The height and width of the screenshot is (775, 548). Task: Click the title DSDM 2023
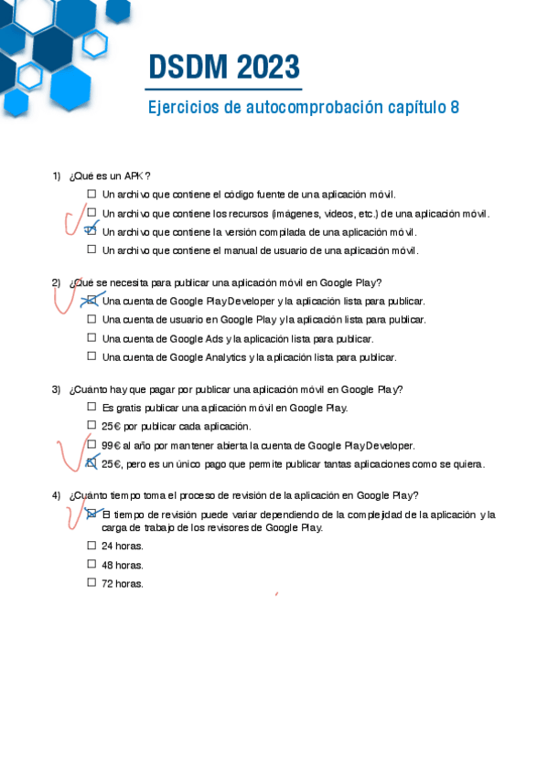pos(224,68)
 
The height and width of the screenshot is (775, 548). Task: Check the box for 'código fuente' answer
pos(91,195)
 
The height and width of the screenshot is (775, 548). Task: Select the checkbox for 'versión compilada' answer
pos(91,232)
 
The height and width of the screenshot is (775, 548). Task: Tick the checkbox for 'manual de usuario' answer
pos(91,250)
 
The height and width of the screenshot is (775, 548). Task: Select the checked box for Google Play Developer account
pos(91,300)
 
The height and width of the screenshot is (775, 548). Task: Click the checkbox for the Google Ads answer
pos(91,338)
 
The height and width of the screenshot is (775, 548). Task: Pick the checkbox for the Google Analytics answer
pos(91,356)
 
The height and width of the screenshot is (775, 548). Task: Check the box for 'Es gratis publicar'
pos(91,408)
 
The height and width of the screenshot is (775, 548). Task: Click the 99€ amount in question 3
pos(112,445)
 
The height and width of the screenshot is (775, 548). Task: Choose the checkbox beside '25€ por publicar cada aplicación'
pos(91,426)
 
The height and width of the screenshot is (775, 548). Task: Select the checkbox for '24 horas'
pos(91,546)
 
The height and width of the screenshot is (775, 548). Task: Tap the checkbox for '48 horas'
pos(91,565)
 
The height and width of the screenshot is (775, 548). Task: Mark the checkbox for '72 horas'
pos(91,583)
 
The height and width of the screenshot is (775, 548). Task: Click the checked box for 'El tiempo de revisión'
pos(91,515)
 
